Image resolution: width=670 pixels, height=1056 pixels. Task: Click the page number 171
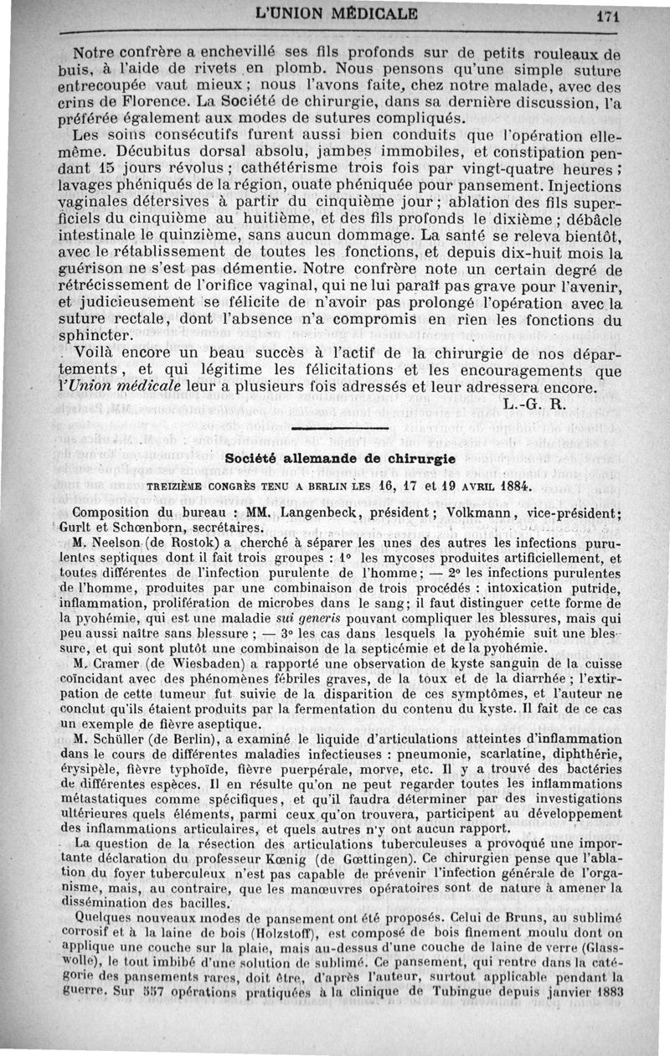(629, 13)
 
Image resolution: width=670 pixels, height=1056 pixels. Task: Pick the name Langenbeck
(326, 513)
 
